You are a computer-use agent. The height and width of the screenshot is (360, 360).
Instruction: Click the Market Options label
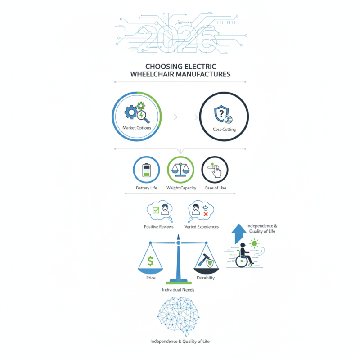pyautogui.click(x=137, y=128)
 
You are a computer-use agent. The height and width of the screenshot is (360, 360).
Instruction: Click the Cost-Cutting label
pyautogui.click(x=224, y=130)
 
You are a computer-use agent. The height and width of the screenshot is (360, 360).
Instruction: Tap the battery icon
pyautogui.click(x=147, y=171)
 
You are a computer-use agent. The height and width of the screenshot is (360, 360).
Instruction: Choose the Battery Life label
pyautogui.click(x=147, y=188)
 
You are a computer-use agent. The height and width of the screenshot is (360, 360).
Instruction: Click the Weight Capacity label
pyautogui.click(x=181, y=188)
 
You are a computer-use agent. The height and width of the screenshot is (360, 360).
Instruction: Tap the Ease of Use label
pyautogui.click(x=215, y=188)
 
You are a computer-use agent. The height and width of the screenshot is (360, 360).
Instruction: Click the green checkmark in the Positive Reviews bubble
pyautogui.click(x=156, y=210)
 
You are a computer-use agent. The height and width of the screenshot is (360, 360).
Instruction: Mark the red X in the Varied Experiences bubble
pyautogui.click(x=206, y=214)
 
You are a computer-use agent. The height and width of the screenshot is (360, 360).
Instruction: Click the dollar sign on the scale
pyautogui.click(x=151, y=260)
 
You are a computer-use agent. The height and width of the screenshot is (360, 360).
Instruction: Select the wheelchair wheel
pyautogui.click(x=243, y=262)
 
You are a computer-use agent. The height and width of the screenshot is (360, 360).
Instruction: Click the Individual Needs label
pyautogui.click(x=178, y=290)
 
